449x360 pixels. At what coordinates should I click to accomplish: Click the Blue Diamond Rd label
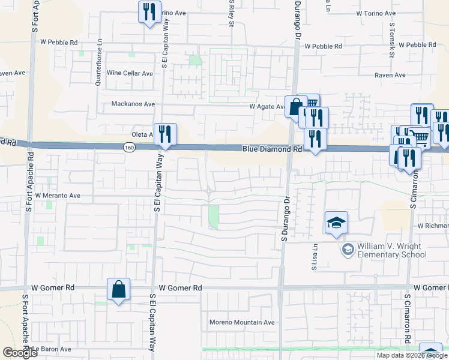(272, 149)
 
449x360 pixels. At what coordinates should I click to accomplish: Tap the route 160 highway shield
(130, 147)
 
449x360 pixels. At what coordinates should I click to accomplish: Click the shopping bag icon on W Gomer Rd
(119, 289)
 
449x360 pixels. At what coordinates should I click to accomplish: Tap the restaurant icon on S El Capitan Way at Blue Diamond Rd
(164, 134)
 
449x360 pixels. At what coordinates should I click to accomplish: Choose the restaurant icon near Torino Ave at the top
(149, 12)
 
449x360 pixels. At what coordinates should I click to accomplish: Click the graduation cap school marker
(337, 223)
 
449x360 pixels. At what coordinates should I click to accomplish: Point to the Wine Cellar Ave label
(130, 73)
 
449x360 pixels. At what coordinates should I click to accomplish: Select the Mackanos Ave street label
(133, 104)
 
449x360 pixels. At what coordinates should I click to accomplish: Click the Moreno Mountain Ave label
(242, 322)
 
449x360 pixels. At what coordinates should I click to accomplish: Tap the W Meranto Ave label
(58, 196)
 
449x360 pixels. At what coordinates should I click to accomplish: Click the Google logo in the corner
(20, 353)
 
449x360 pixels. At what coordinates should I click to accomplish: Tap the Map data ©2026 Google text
(412, 355)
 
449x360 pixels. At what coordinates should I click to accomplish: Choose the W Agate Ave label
(268, 106)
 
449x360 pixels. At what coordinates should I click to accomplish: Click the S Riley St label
(231, 13)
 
